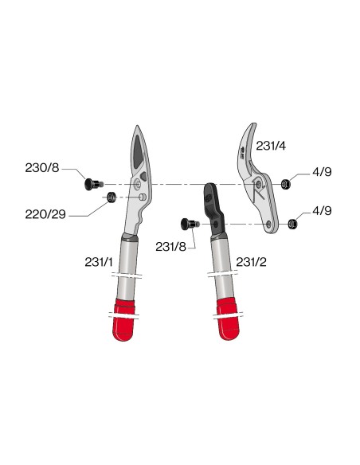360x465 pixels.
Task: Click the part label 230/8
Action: tap(42, 168)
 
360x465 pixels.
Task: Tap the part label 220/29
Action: tap(45, 214)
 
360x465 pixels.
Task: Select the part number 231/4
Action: tap(271, 146)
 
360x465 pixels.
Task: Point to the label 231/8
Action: tap(170, 247)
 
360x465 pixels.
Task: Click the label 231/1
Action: tap(99, 262)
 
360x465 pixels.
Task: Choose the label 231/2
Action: tap(251, 262)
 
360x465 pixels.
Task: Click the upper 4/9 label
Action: tap(322, 172)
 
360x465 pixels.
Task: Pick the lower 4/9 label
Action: tap(322, 210)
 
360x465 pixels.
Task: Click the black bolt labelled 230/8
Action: tap(94, 184)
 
